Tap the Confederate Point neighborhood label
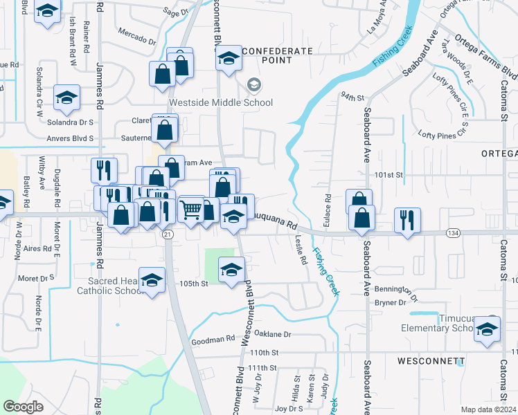coord(274,51)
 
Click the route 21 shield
coord(168,235)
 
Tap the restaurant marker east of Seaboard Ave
coord(407,220)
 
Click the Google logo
coord(24,406)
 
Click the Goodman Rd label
coord(213,340)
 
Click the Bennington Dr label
coord(396,290)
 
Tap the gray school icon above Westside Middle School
coord(254,84)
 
